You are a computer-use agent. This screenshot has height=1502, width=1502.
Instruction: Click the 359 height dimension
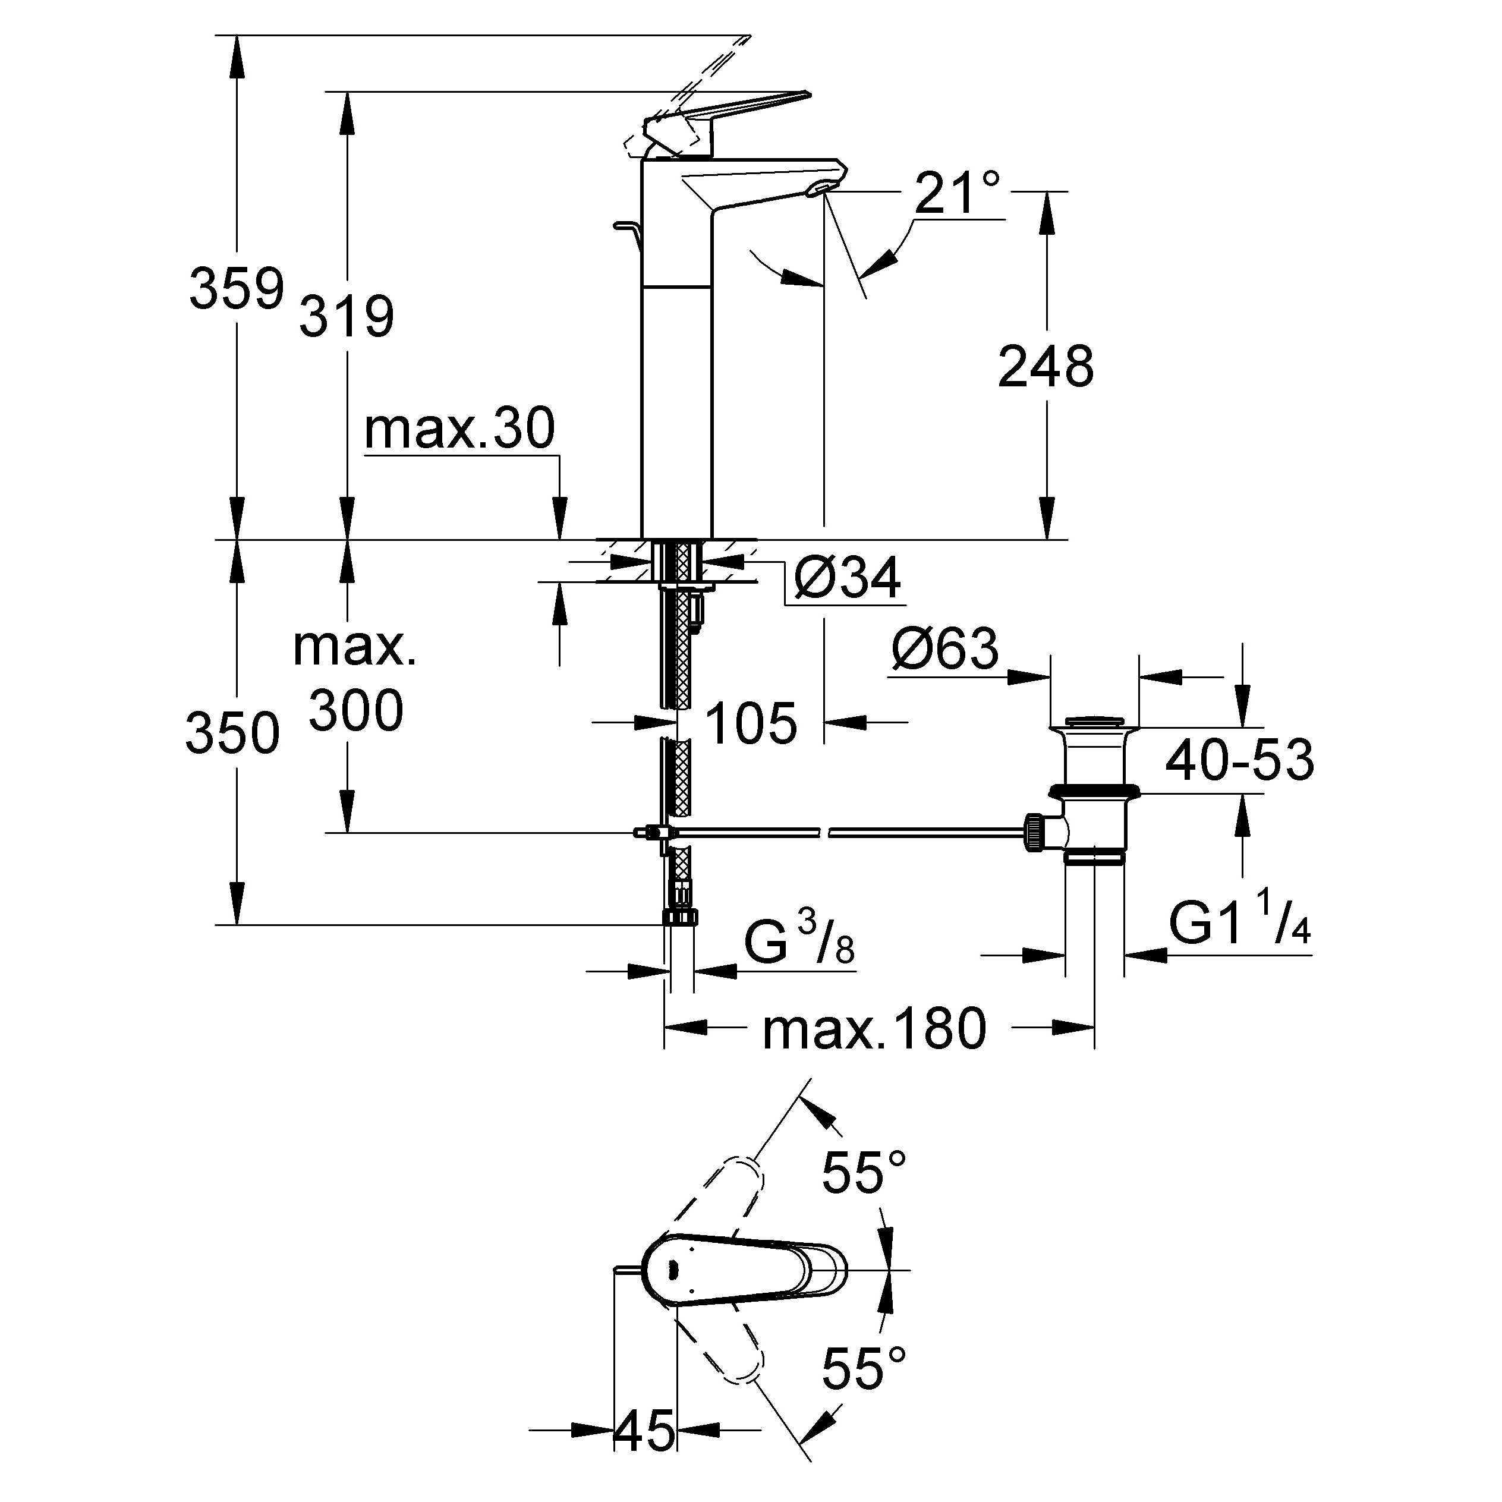(x=237, y=288)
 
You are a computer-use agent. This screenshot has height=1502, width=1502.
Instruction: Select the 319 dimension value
(x=347, y=316)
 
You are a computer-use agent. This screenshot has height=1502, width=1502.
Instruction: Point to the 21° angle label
(x=957, y=192)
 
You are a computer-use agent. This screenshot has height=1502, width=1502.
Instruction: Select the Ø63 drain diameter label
(x=945, y=648)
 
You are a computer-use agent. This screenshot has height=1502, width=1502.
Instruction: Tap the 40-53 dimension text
(x=1239, y=760)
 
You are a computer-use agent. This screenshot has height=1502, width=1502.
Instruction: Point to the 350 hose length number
(x=232, y=733)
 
